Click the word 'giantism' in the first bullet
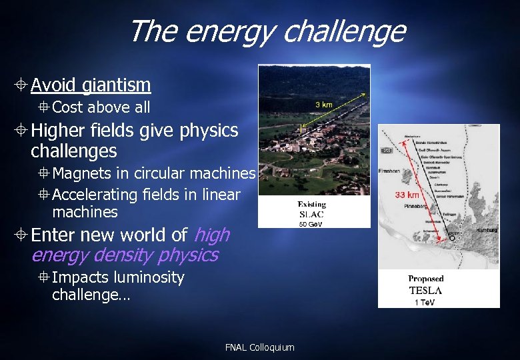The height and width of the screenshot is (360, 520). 117,85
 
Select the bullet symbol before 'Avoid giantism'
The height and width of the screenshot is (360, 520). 22,85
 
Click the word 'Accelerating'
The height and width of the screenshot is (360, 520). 95,195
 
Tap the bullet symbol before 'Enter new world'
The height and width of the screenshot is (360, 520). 22,235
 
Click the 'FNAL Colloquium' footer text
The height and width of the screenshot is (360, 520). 259,347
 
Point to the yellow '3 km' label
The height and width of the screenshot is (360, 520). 323,105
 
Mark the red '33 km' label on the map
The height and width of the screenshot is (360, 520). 407,195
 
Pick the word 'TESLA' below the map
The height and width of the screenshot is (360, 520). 425,290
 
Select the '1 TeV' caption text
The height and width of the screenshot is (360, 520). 425,302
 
